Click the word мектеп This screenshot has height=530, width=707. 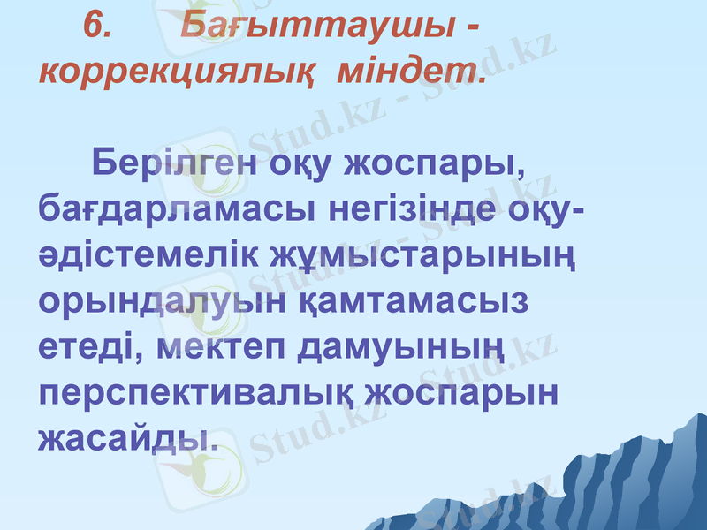(225, 347)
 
